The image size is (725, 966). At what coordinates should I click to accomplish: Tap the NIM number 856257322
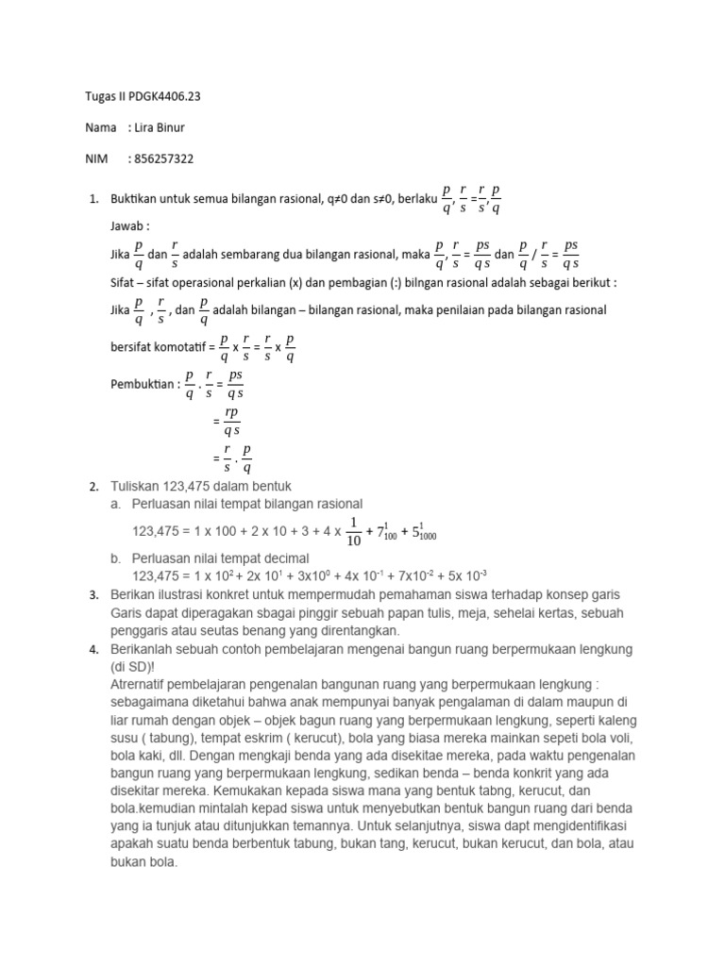(x=165, y=159)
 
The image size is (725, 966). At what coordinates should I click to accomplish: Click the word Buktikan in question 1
(x=136, y=198)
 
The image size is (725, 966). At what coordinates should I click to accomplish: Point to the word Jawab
(x=129, y=226)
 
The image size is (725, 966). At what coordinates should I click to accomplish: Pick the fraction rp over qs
(x=230, y=422)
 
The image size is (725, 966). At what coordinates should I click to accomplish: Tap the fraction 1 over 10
(x=354, y=531)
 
